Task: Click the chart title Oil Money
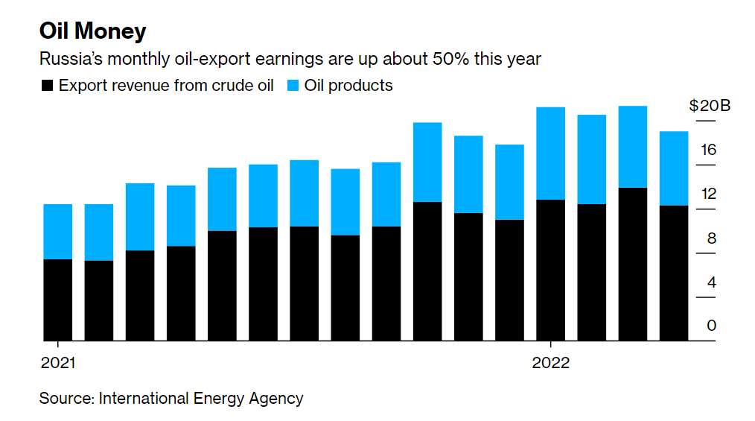pos(92,31)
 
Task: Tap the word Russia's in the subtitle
pos(70,58)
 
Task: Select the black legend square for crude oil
pos(47,86)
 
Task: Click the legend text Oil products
pos(348,86)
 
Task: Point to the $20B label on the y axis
pos(710,106)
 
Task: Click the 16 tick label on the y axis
pos(707,151)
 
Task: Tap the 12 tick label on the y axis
pos(707,194)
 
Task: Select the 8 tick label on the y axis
pos(711,238)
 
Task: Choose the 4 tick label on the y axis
pos(711,282)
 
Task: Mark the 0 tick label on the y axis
pos(711,326)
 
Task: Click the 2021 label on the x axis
pos(58,363)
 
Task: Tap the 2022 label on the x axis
pos(550,363)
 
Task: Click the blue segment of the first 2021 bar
pos(58,231)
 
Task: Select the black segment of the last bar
pos(674,273)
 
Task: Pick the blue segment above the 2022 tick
pos(550,153)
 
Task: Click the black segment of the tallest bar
pos(633,264)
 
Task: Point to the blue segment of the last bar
pos(674,168)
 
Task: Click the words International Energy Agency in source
pos(200,399)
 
